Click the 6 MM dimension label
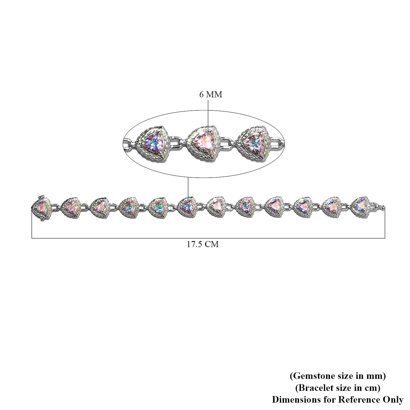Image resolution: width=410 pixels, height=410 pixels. tap(210, 95)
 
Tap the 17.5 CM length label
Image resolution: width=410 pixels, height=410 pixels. tap(203, 244)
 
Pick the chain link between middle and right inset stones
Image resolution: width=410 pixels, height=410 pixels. tap(227, 142)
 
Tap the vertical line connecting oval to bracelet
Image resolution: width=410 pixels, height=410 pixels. tap(188, 187)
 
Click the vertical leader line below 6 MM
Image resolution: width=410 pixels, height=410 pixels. tap(208, 115)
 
